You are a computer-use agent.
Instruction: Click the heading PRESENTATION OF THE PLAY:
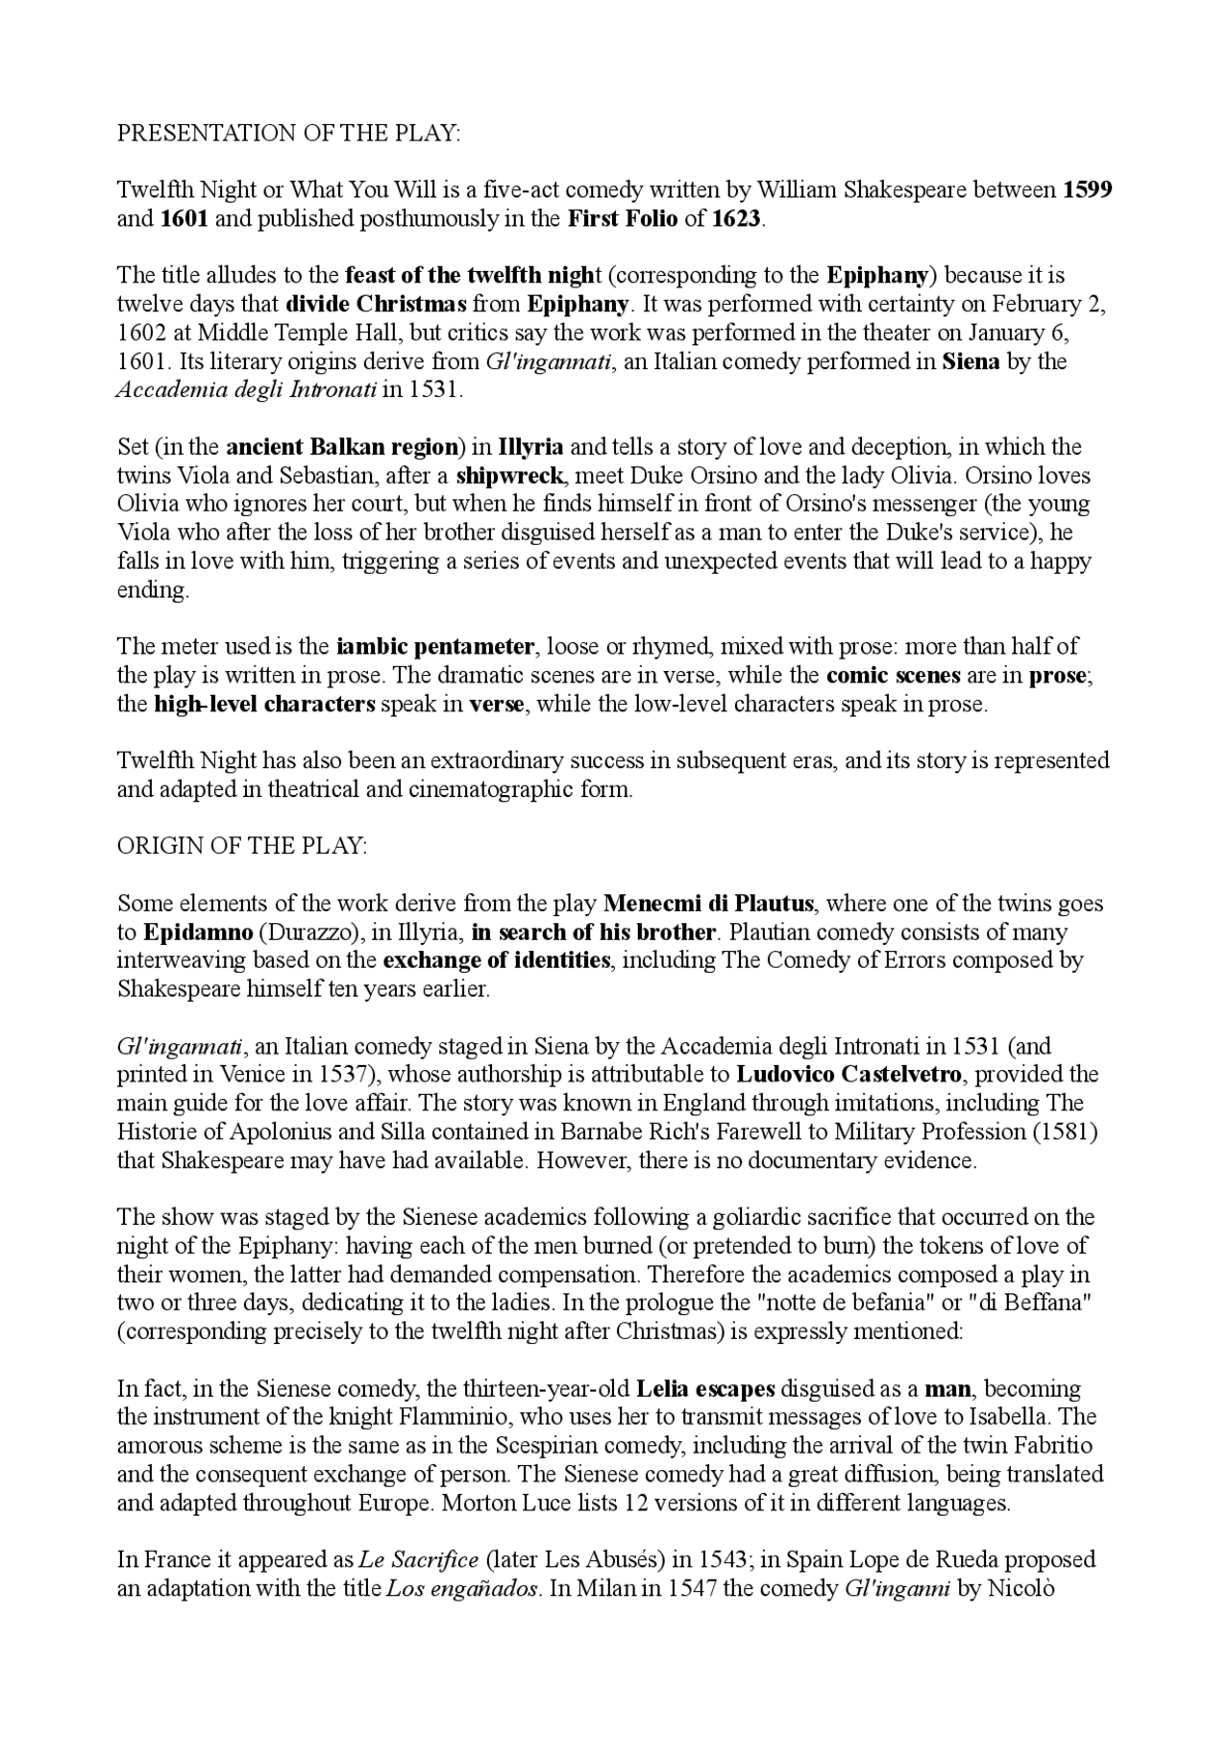pyautogui.click(x=288, y=133)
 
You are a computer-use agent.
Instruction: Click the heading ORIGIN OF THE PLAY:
pyautogui.click(x=242, y=846)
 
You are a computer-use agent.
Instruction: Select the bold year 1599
pyautogui.click(x=1088, y=189)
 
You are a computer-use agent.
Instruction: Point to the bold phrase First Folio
pyautogui.click(x=623, y=218)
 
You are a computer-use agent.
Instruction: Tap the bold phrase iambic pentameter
pyautogui.click(x=435, y=646)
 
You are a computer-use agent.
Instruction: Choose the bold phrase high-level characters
pyautogui.click(x=264, y=704)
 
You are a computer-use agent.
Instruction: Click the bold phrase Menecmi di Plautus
pyautogui.click(x=709, y=904)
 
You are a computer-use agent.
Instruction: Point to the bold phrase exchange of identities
pyautogui.click(x=496, y=960)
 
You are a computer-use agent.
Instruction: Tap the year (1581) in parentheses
pyautogui.click(x=1065, y=1131)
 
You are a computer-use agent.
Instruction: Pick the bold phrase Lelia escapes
pyautogui.click(x=705, y=1389)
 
